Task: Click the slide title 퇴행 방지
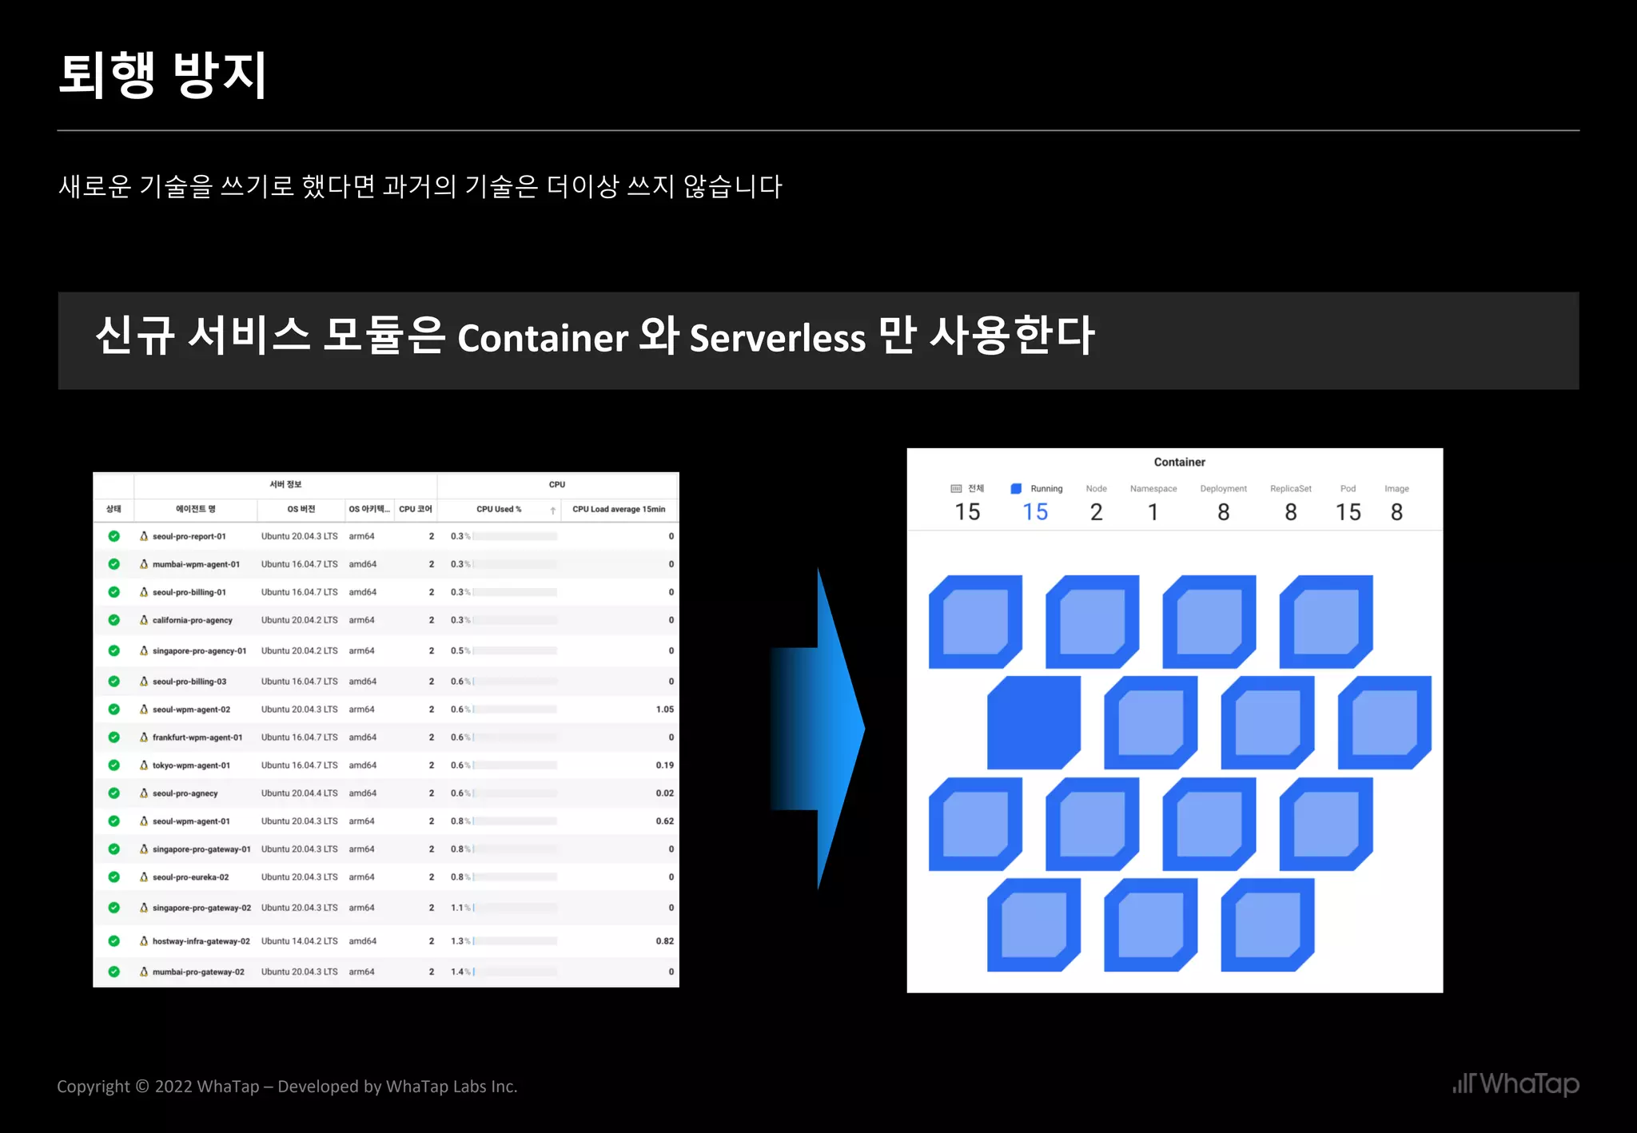click(162, 75)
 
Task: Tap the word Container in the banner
click(543, 338)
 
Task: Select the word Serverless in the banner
click(777, 338)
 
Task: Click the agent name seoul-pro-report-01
click(189, 536)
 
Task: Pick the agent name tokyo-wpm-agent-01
click(191, 765)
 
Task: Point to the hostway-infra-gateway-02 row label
click(201, 941)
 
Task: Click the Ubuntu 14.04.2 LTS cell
click(299, 941)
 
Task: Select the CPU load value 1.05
click(664, 710)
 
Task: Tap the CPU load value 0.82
click(664, 941)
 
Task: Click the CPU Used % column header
click(499, 509)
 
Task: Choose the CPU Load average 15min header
click(619, 509)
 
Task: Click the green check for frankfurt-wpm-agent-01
click(114, 737)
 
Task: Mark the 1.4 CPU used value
click(457, 972)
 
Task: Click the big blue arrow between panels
click(823, 729)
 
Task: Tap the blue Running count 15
click(1035, 512)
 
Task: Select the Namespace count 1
click(1153, 512)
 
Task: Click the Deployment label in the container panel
click(1223, 489)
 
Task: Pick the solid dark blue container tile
click(1033, 722)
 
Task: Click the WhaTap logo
click(1516, 1084)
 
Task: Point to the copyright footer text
click(287, 1087)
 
